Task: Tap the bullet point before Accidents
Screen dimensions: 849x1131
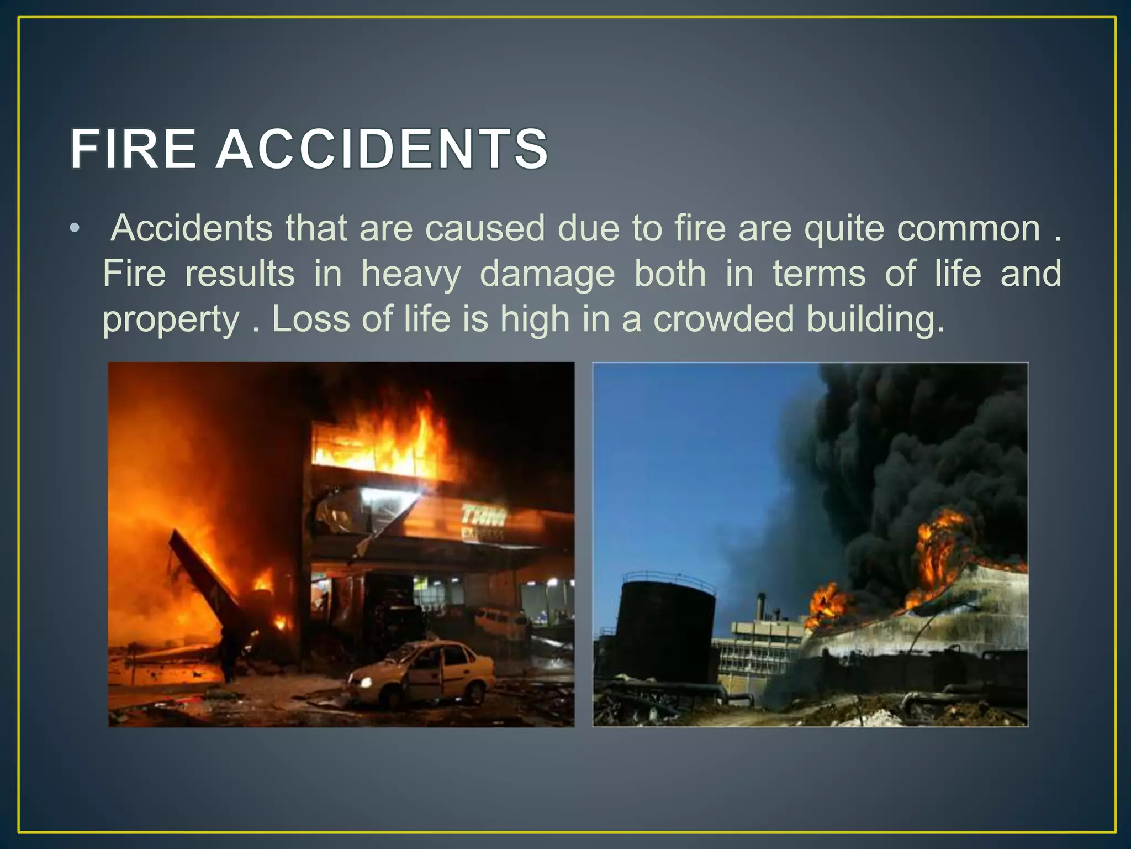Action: [75, 229]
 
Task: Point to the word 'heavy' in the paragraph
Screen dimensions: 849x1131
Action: [411, 274]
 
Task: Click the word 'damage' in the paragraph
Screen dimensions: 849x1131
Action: [547, 275]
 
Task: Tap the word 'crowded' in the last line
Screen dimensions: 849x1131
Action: [723, 319]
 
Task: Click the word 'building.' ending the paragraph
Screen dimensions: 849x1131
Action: [875, 320]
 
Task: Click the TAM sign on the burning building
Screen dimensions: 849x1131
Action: [484, 517]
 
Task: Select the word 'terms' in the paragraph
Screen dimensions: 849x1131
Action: [819, 274]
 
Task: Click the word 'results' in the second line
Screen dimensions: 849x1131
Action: [240, 274]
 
